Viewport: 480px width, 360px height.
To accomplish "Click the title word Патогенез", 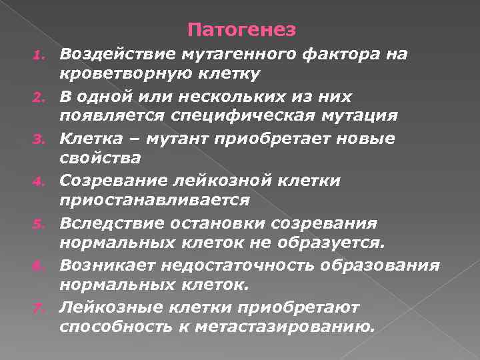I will pos(241,30).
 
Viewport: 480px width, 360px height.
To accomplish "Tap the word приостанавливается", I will pos(155,199).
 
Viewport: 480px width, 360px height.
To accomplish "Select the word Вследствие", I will pos(111,223).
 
